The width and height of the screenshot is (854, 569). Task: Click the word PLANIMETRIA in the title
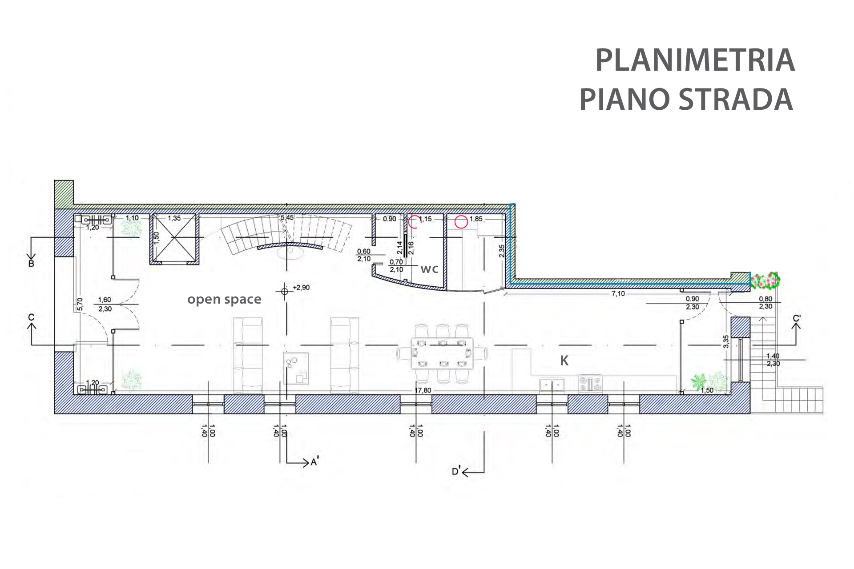(x=695, y=60)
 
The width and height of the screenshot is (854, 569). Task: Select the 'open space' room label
(x=224, y=300)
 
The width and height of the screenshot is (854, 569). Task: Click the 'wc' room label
(x=429, y=269)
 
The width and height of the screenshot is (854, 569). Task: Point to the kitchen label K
(x=564, y=361)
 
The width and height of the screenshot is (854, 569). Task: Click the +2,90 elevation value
(x=301, y=288)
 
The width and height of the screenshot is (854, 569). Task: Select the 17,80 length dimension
(x=423, y=390)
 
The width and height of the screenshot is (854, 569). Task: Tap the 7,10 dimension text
(x=618, y=294)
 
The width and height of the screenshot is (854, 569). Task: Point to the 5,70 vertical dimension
(x=80, y=304)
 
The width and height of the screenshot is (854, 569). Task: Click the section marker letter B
(x=31, y=264)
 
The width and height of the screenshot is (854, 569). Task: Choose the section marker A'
(x=314, y=462)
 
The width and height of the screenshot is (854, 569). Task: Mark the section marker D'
(x=456, y=471)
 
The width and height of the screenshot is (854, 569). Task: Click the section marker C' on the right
(x=797, y=319)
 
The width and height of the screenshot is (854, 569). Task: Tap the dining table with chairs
(x=442, y=353)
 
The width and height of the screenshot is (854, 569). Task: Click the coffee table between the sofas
(x=296, y=369)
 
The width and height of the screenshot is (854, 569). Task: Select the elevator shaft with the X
(x=174, y=239)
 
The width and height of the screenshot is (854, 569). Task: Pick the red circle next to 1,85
(x=461, y=221)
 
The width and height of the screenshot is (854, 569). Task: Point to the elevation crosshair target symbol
(x=285, y=292)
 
